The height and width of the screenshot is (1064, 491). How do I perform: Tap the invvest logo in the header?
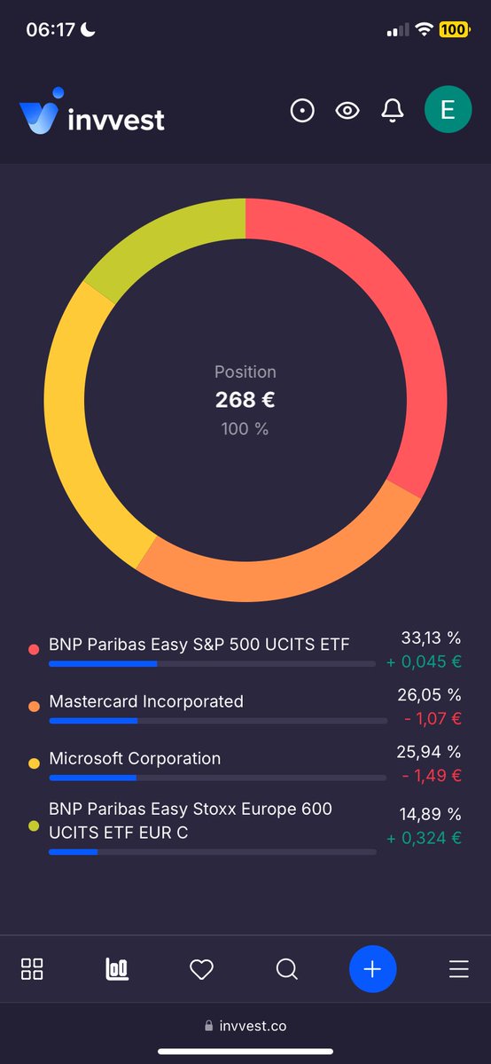tap(92, 113)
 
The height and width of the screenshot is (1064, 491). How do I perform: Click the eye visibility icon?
tap(347, 111)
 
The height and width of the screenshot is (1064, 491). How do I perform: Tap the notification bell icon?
tap(392, 111)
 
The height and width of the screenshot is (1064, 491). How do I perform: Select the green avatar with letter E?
tap(448, 110)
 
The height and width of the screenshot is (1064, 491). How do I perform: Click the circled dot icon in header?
tap(302, 111)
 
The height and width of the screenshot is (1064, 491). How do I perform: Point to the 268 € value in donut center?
tap(245, 400)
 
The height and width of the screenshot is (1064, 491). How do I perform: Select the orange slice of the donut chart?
tap(292, 567)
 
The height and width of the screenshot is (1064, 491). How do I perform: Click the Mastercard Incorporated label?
tap(146, 701)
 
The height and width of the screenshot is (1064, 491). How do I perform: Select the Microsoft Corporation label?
tap(135, 758)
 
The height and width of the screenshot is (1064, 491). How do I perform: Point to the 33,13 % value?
tap(431, 638)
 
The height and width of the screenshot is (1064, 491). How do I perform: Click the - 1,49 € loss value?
tap(432, 776)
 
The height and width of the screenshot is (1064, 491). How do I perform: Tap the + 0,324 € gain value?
tap(425, 837)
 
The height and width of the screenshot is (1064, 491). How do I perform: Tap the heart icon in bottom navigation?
tap(202, 969)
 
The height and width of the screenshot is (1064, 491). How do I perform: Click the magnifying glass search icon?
tap(286, 969)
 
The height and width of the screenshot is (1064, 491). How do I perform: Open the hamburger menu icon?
tap(458, 969)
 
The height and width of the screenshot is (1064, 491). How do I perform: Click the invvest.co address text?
tap(253, 1026)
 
